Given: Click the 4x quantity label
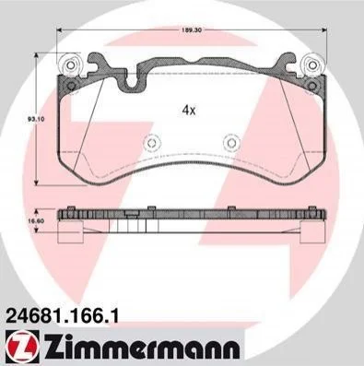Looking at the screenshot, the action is coord(189,110).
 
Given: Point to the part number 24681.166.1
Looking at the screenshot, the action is coord(62,316).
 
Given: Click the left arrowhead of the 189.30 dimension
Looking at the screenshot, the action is coord(60,30).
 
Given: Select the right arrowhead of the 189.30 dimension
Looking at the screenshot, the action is coord(324,30).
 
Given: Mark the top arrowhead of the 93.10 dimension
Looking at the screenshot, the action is coord(36,55).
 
